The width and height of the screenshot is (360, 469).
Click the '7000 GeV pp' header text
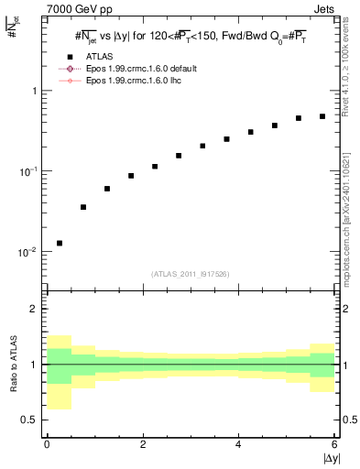click(78, 8)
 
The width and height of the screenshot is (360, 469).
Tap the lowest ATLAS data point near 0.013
click(60, 243)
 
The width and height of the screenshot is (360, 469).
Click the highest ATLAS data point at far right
click(322, 116)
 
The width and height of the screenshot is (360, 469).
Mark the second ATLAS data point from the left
click(83, 207)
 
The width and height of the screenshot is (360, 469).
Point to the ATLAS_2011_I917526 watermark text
click(191, 273)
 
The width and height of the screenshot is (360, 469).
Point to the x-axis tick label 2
click(143, 444)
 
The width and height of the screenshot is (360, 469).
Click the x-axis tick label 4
click(238, 444)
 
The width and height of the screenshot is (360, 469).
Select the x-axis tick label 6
click(333, 444)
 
